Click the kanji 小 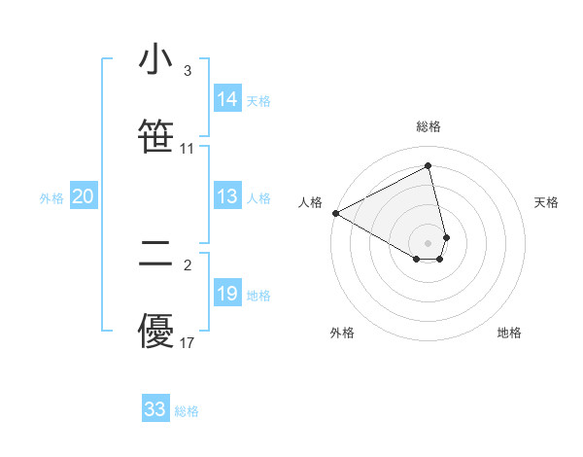tap(155, 60)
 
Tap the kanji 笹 tap(155, 137)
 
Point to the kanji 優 tap(155, 332)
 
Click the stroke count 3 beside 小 tap(187, 71)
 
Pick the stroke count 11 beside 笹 tap(187, 149)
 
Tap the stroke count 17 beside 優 tap(187, 342)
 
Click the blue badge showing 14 tap(227, 99)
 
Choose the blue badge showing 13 tap(227, 197)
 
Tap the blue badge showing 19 tap(227, 295)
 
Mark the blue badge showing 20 tap(84, 197)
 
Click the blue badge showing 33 tap(155, 409)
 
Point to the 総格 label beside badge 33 tap(187, 411)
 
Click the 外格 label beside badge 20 tap(51, 198)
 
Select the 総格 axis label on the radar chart tap(429, 126)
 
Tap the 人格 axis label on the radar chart tap(311, 202)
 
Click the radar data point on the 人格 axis tap(335, 213)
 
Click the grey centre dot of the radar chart tap(429, 242)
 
